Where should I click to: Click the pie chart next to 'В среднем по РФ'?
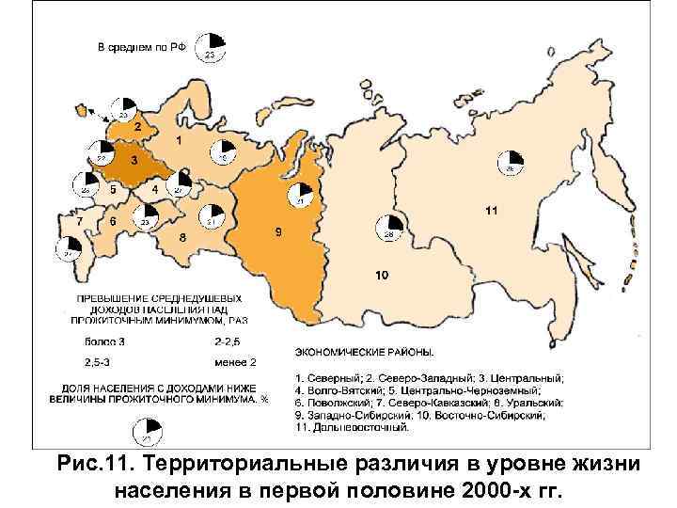pyautogui.click(x=210, y=45)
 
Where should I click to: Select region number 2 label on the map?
pyautogui.click(x=137, y=125)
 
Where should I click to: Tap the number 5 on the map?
pyautogui.click(x=113, y=221)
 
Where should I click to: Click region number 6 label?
pyautogui.click(x=80, y=221)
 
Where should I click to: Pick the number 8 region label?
pyautogui.click(x=278, y=231)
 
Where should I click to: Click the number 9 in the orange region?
pyautogui.click(x=381, y=276)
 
